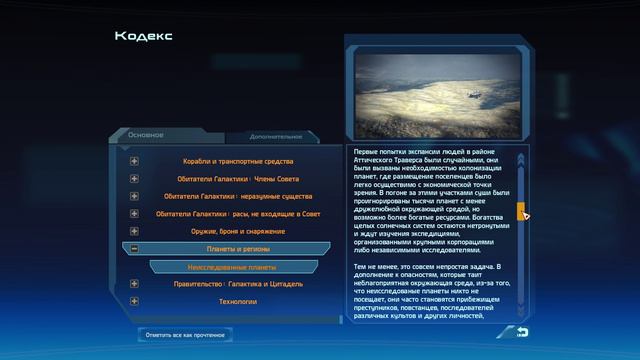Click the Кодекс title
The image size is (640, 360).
144,36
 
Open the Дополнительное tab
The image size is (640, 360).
270,135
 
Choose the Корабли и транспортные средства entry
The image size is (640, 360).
238,161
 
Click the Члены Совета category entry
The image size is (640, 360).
238,179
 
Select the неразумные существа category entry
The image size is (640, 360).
238,196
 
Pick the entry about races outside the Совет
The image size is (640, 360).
238,214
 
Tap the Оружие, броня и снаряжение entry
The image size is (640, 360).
238,231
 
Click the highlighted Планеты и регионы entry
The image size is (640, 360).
238,249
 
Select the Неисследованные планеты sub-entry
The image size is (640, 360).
232,267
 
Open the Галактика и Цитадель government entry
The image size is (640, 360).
238,284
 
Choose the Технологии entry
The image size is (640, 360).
238,301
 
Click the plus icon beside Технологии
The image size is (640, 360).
134,301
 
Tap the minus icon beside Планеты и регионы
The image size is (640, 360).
134,249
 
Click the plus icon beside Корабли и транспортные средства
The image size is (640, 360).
134,161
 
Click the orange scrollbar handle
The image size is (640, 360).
520,210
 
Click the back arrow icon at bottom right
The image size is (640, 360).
522,333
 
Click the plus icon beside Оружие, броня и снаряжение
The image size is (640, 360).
134,231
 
